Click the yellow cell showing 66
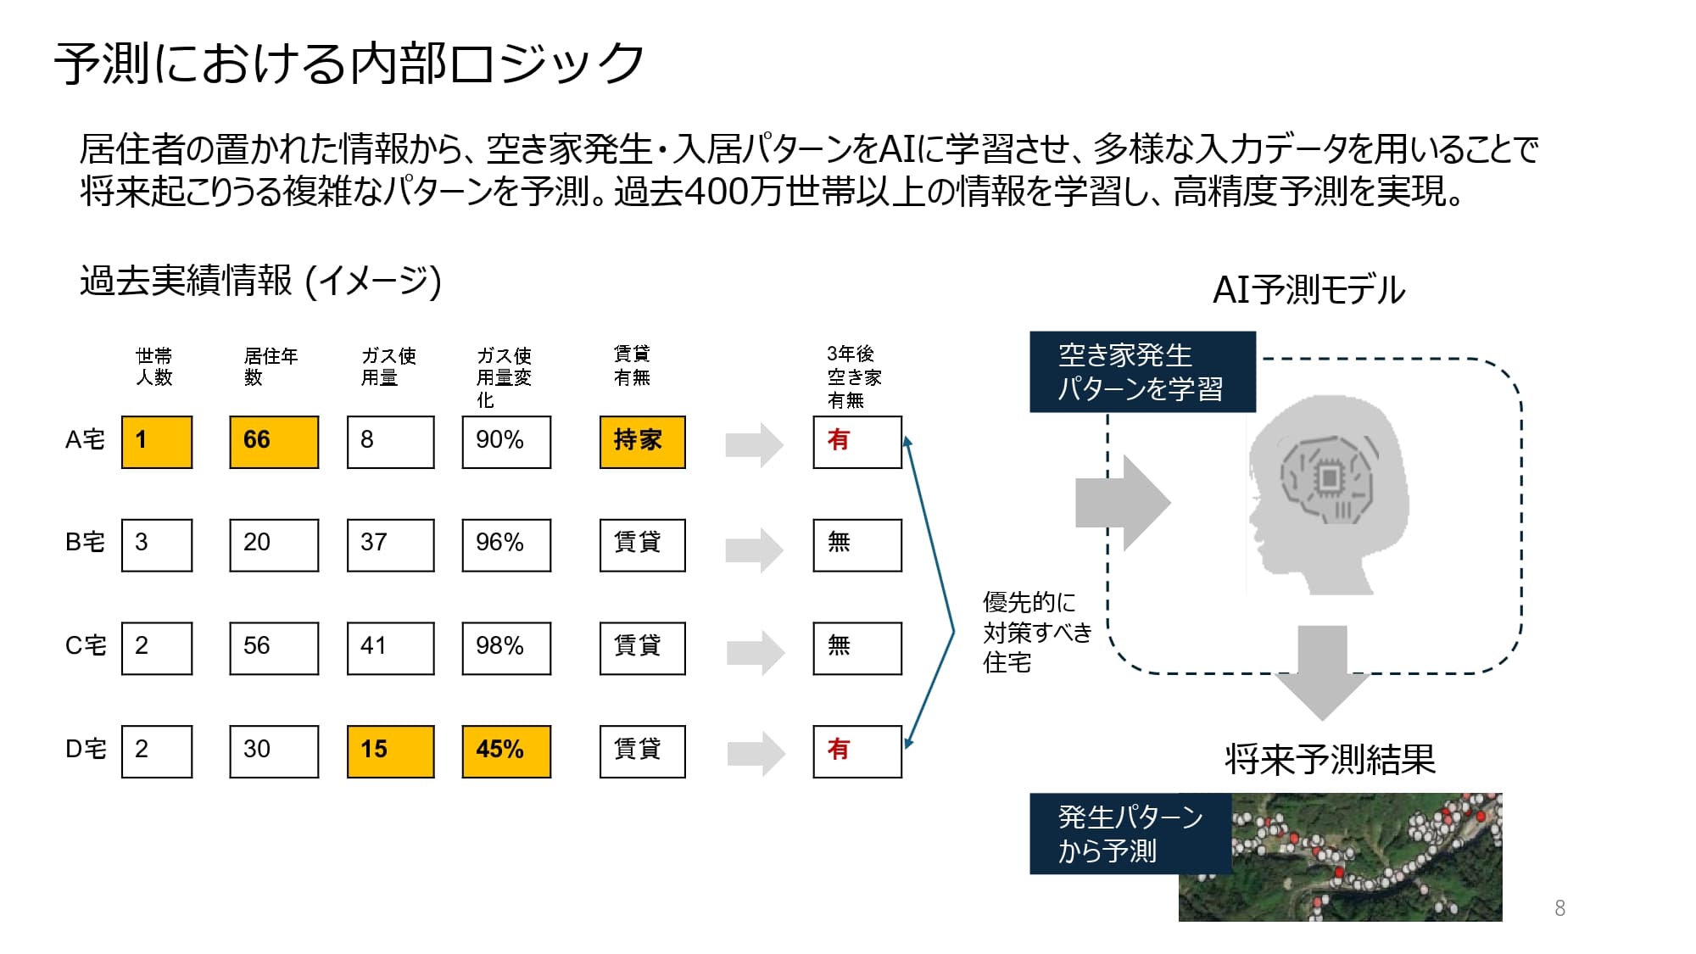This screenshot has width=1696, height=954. click(x=274, y=442)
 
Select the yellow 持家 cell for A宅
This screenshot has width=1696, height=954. click(x=642, y=442)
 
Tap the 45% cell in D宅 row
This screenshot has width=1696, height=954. click(x=506, y=751)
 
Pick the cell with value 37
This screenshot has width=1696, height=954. click(x=390, y=545)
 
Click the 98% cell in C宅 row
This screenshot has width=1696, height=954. click(x=506, y=649)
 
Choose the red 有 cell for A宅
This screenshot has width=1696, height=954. click(x=856, y=442)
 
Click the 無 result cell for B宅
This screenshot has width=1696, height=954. click(x=856, y=545)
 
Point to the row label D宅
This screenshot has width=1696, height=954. click(x=86, y=750)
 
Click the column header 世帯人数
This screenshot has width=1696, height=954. click(x=154, y=366)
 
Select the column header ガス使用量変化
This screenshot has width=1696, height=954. click(x=504, y=377)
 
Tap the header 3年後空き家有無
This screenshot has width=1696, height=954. click(x=853, y=377)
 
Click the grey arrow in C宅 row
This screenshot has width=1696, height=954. click(x=755, y=652)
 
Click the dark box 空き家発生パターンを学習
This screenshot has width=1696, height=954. click(x=1141, y=371)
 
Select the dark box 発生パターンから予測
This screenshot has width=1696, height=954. click(x=1130, y=834)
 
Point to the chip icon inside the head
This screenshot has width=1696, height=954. click(x=1329, y=478)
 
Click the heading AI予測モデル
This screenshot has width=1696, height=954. click(x=1308, y=290)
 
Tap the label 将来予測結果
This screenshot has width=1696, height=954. click(x=1330, y=759)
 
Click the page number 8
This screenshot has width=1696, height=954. click(x=1559, y=908)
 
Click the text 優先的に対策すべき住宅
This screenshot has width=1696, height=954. click(x=1036, y=632)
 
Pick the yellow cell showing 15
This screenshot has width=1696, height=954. click(x=390, y=751)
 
